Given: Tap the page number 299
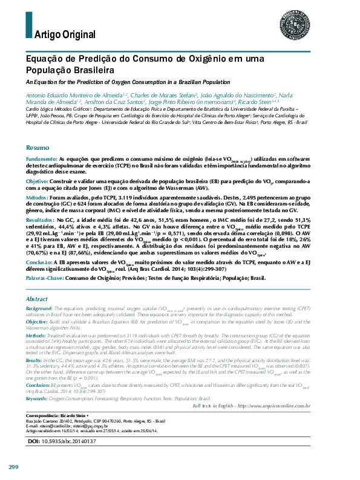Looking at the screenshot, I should [x=14, y=467].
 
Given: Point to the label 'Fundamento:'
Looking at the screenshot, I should [x=41, y=158].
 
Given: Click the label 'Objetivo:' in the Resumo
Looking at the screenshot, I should [x=37, y=181].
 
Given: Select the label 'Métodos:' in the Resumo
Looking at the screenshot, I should [x=38, y=198].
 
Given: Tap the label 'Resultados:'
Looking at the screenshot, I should [x=41, y=221].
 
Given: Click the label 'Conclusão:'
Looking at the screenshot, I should [x=39, y=261].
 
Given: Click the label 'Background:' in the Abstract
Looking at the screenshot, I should [x=39, y=308].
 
